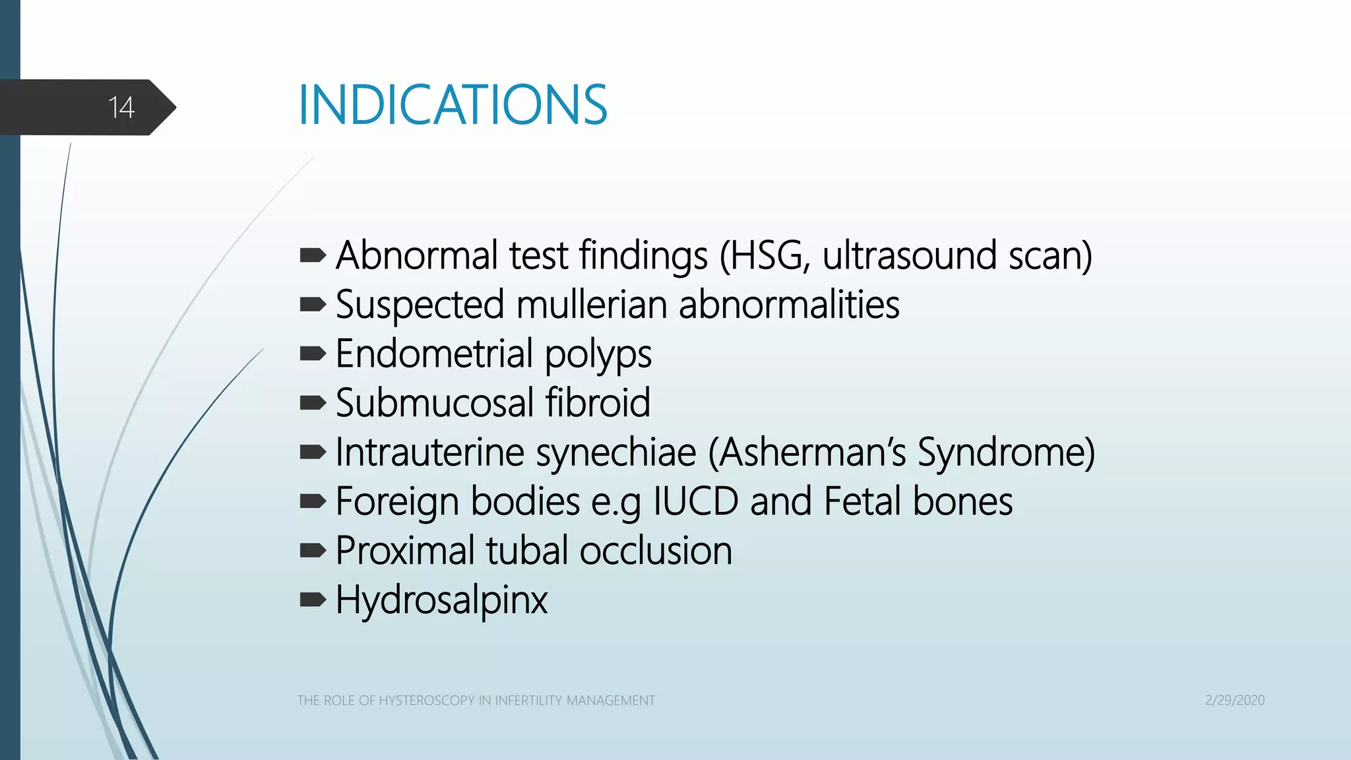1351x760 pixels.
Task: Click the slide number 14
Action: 121,108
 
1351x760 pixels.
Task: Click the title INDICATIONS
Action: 453,105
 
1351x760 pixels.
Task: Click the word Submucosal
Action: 435,403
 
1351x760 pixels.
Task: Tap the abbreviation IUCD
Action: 696,501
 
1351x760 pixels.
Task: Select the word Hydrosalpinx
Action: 441,600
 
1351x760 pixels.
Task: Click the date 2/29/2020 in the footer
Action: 1234,701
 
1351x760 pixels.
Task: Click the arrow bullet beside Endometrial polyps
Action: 313,354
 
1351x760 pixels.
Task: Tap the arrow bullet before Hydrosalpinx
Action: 313,600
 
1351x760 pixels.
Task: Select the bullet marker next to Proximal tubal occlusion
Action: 313,550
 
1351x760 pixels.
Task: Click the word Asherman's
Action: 812,453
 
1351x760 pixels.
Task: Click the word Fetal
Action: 862,501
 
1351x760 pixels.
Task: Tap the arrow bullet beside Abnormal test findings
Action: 313,255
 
